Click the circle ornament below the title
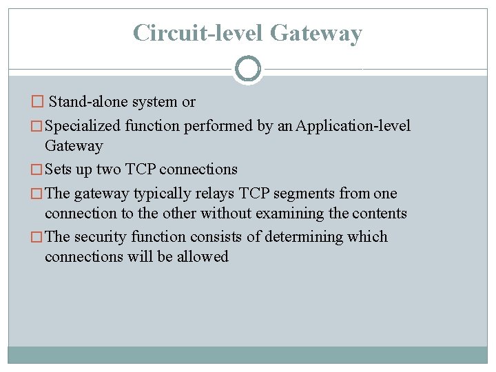click(x=248, y=69)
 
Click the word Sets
click(x=58, y=169)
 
